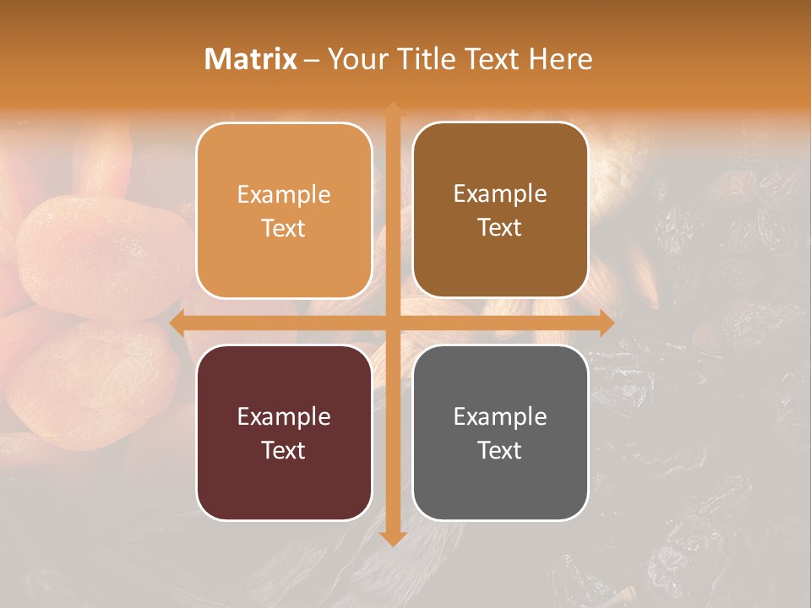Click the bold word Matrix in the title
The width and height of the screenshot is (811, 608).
coord(251,59)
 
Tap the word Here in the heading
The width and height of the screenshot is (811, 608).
coord(560,59)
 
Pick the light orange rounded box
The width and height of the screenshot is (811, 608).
coord(284,210)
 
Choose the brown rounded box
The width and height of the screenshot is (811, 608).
coord(500,210)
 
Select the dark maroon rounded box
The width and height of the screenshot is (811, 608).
coord(284,432)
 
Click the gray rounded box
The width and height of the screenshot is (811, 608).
coord(500,432)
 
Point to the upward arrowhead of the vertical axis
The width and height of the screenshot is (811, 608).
coord(393,109)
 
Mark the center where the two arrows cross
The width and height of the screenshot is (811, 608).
coord(393,323)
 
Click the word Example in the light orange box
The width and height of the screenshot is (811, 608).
coord(284,195)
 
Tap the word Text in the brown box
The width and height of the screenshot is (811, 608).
coord(500,228)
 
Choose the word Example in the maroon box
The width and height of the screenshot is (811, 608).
coord(284,416)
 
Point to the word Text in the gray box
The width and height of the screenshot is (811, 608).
coord(500,450)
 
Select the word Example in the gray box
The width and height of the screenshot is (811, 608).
coord(500,416)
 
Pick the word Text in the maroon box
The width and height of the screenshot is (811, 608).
coord(284,450)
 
